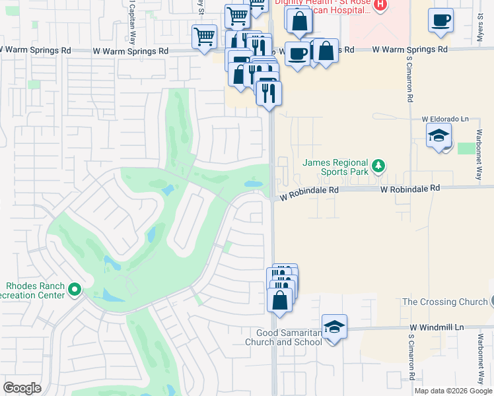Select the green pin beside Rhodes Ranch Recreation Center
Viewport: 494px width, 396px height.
(75, 289)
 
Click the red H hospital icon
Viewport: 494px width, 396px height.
(380, 5)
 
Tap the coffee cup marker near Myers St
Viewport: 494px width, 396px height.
(441, 20)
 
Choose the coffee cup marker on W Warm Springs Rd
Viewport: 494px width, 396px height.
(297, 53)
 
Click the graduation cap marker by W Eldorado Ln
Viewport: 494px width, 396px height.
(439, 137)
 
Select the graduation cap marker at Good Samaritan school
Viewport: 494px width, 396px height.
(334, 327)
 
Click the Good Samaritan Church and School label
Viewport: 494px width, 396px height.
(283, 337)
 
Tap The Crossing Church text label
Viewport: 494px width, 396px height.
(443, 302)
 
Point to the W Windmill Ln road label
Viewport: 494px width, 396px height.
(437, 327)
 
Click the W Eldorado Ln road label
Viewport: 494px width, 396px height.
(444, 119)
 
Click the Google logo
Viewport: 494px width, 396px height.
(22, 387)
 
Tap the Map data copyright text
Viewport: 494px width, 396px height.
(453, 391)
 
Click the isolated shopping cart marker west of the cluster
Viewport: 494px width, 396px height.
(205, 36)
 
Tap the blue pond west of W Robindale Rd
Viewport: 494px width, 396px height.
(253, 184)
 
